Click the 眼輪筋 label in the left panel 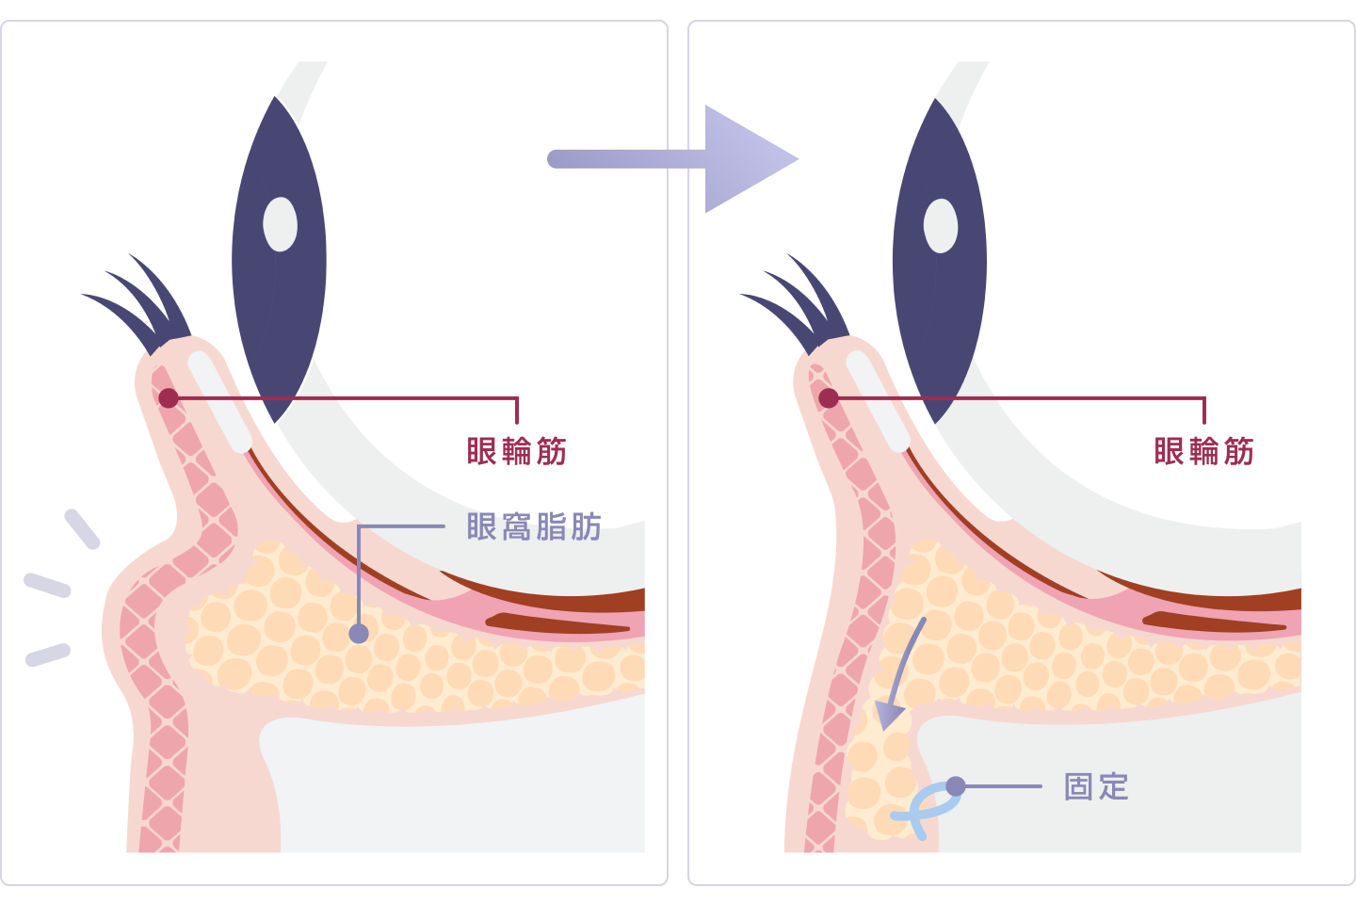point(516,451)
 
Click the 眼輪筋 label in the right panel point(1203,451)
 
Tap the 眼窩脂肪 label point(534,526)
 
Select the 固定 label point(1096,787)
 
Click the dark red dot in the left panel point(169,398)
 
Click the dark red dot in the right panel point(828,398)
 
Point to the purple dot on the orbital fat point(359,634)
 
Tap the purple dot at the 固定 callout point(955,786)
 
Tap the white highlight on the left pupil point(281,224)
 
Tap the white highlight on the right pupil point(941,226)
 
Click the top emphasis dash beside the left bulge point(82,529)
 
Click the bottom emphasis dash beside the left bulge point(48,655)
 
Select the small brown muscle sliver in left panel point(557,623)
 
